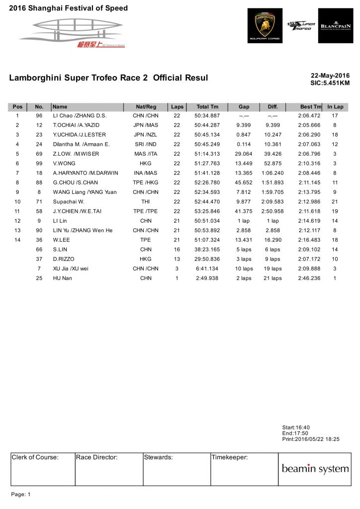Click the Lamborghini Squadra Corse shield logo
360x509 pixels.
(x=265, y=25)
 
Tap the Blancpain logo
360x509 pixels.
(x=335, y=25)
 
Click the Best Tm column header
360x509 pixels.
(x=311, y=107)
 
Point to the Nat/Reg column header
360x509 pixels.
(x=146, y=107)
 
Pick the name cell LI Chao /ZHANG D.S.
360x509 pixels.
(x=80, y=116)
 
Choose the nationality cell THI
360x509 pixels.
(x=146, y=201)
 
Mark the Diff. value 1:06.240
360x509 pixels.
(x=272, y=173)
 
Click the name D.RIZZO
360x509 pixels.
(x=64, y=259)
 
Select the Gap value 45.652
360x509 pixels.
(x=244, y=182)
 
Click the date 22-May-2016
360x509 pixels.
(x=330, y=76)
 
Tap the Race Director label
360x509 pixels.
(x=97, y=457)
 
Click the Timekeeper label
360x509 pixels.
(x=229, y=457)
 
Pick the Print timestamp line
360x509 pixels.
(x=310, y=439)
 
